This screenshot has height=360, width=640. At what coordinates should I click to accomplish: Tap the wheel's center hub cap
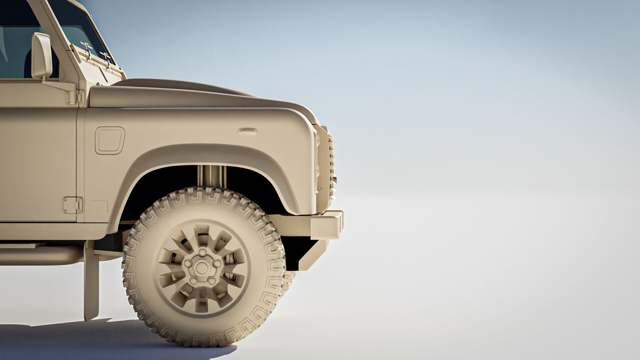coord(201,267)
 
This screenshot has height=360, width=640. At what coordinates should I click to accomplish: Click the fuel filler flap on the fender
coord(110,140)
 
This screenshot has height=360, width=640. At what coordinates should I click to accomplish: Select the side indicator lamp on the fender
coord(247,132)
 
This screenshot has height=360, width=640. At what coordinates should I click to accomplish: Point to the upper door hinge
coord(75,98)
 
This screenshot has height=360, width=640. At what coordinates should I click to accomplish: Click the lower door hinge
coord(73,205)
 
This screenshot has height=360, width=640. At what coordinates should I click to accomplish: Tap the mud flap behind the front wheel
coord(91,283)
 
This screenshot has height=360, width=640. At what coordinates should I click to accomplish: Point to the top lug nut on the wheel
coord(202,252)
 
